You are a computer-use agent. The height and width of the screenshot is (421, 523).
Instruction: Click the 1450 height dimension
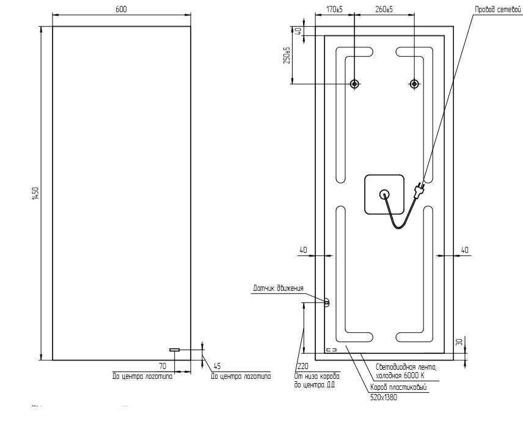(x=36, y=193)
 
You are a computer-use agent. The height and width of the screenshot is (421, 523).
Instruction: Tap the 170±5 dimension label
(x=334, y=10)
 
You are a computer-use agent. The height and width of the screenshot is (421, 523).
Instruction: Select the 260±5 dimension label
(x=384, y=10)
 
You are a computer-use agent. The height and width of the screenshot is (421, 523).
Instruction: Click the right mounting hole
(x=414, y=84)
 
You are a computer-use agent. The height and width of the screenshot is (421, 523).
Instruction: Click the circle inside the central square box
(x=384, y=194)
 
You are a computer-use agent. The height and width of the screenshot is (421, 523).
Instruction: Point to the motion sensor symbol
(x=326, y=302)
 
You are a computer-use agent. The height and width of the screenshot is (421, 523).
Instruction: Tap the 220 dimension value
(x=301, y=367)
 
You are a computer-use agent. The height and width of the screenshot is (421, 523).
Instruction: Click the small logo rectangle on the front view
(x=175, y=350)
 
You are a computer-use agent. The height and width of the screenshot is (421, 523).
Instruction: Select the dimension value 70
(x=163, y=367)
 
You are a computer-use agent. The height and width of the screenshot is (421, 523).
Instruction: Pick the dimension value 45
(x=218, y=367)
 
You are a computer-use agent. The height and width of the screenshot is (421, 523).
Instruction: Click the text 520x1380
(x=384, y=397)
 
